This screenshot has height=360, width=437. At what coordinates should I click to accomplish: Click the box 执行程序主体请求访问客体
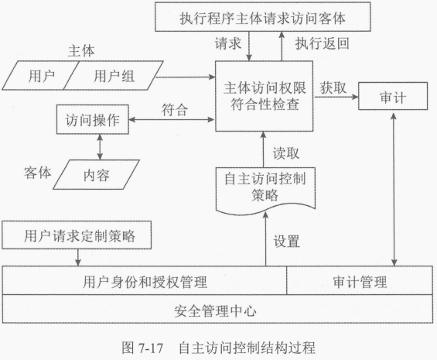tap(262, 17)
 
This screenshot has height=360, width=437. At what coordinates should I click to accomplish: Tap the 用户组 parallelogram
tap(114, 76)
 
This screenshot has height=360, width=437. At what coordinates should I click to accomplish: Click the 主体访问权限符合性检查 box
tap(265, 96)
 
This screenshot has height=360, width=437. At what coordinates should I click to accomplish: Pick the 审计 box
tap(393, 96)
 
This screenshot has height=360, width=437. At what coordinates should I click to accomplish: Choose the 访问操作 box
tap(93, 119)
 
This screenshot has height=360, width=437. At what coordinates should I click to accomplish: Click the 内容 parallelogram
tap(97, 175)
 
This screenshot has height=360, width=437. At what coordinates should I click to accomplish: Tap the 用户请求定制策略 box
tap(77, 235)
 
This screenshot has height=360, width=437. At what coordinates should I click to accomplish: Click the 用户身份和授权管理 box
tap(145, 280)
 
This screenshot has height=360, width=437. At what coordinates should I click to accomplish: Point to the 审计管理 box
tap(360, 280)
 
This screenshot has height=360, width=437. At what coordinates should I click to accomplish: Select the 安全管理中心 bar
tap(217, 309)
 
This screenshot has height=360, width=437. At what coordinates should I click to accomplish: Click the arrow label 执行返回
tap(323, 43)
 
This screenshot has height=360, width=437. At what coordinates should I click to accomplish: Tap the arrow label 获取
tap(333, 87)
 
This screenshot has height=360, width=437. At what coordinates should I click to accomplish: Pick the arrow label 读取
tap(286, 153)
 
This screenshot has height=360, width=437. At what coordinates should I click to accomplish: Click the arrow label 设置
tap(286, 242)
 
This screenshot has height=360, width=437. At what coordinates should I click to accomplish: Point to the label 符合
tap(175, 110)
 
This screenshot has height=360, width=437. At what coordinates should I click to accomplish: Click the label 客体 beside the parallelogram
tap(38, 173)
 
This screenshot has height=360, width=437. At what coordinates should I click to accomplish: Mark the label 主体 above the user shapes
tap(81, 51)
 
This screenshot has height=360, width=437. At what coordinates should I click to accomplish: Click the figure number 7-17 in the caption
tap(151, 348)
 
